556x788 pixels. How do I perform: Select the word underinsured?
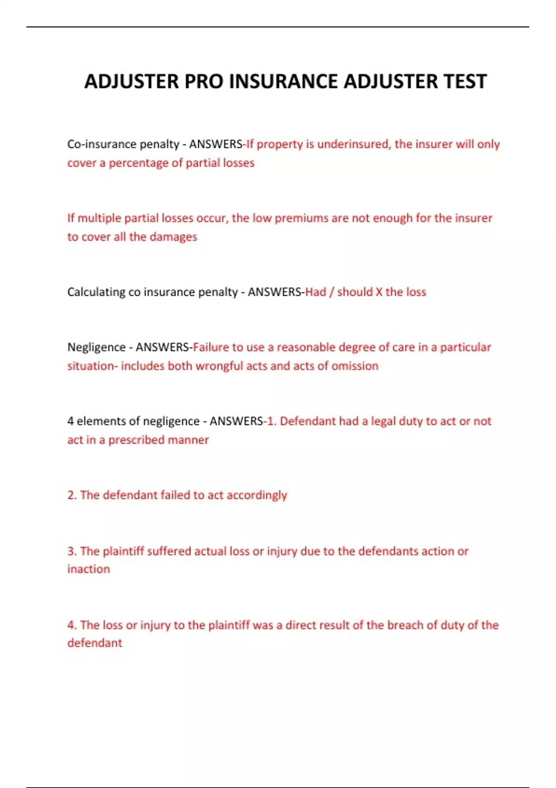point(354,144)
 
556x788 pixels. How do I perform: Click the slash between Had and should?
point(331,292)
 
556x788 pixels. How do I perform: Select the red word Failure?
point(211,347)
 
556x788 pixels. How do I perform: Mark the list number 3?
point(71,551)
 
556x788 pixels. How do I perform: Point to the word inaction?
point(88,569)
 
